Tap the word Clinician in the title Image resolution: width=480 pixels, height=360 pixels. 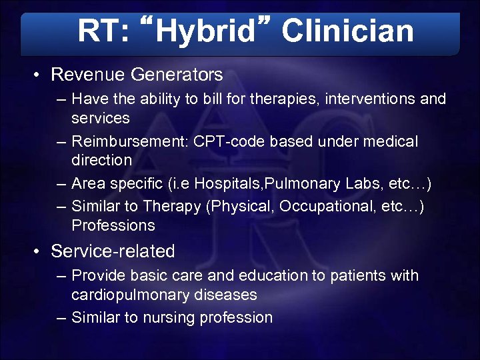point(347,31)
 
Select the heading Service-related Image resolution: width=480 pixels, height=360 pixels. point(113,251)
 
